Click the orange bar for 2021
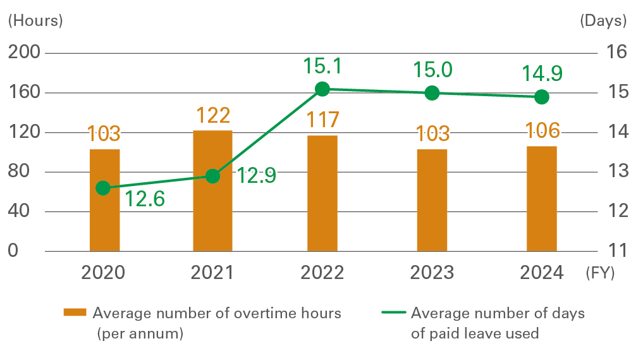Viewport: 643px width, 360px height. click(x=212, y=190)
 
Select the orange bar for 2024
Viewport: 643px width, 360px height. click(x=541, y=199)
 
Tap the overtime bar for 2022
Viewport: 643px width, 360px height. click(x=322, y=193)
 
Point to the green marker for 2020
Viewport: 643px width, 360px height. click(x=103, y=188)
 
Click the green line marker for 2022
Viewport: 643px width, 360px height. click(x=322, y=89)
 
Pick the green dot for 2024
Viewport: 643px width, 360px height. click(x=541, y=97)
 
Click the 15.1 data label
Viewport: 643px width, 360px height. click(x=323, y=66)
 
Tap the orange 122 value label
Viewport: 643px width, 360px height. click(x=212, y=115)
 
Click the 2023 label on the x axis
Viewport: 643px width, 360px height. click(x=432, y=272)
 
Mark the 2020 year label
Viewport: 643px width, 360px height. click(x=103, y=272)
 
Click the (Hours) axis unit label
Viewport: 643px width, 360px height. click(x=35, y=20)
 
